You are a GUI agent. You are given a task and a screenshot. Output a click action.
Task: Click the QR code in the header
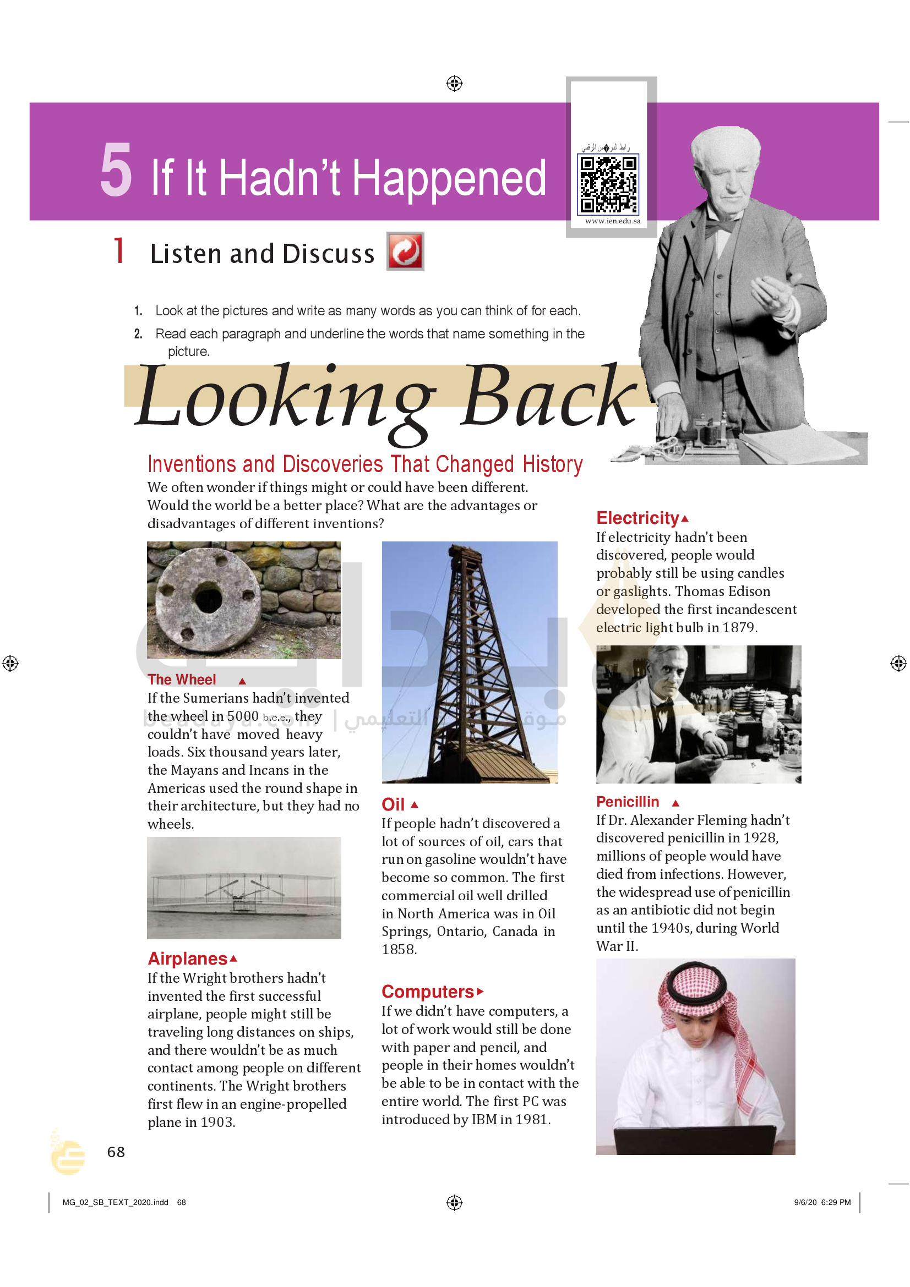point(608,184)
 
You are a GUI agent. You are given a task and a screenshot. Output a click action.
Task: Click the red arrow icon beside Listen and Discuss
point(405,251)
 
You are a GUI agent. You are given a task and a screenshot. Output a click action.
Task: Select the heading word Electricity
point(637,518)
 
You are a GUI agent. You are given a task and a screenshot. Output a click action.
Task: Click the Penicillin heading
point(628,802)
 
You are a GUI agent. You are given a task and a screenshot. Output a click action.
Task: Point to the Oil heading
point(393,804)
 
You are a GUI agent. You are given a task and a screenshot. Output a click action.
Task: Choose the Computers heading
point(428,992)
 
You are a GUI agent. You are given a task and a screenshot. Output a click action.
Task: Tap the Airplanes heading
point(187,959)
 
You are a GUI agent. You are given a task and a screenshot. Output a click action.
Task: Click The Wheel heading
point(182,680)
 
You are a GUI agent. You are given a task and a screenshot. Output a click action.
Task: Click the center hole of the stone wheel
point(209,599)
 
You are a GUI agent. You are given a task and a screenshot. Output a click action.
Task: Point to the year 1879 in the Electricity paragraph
point(738,627)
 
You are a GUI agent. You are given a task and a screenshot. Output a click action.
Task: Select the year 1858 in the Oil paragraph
point(399,950)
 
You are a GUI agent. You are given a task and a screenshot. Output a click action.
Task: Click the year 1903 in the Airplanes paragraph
point(217,1122)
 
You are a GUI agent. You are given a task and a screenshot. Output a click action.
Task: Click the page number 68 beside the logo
point(116,1152)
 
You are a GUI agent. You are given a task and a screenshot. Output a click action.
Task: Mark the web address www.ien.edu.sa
point(612,221)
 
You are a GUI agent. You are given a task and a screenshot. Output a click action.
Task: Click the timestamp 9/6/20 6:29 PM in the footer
point(822,1202)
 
